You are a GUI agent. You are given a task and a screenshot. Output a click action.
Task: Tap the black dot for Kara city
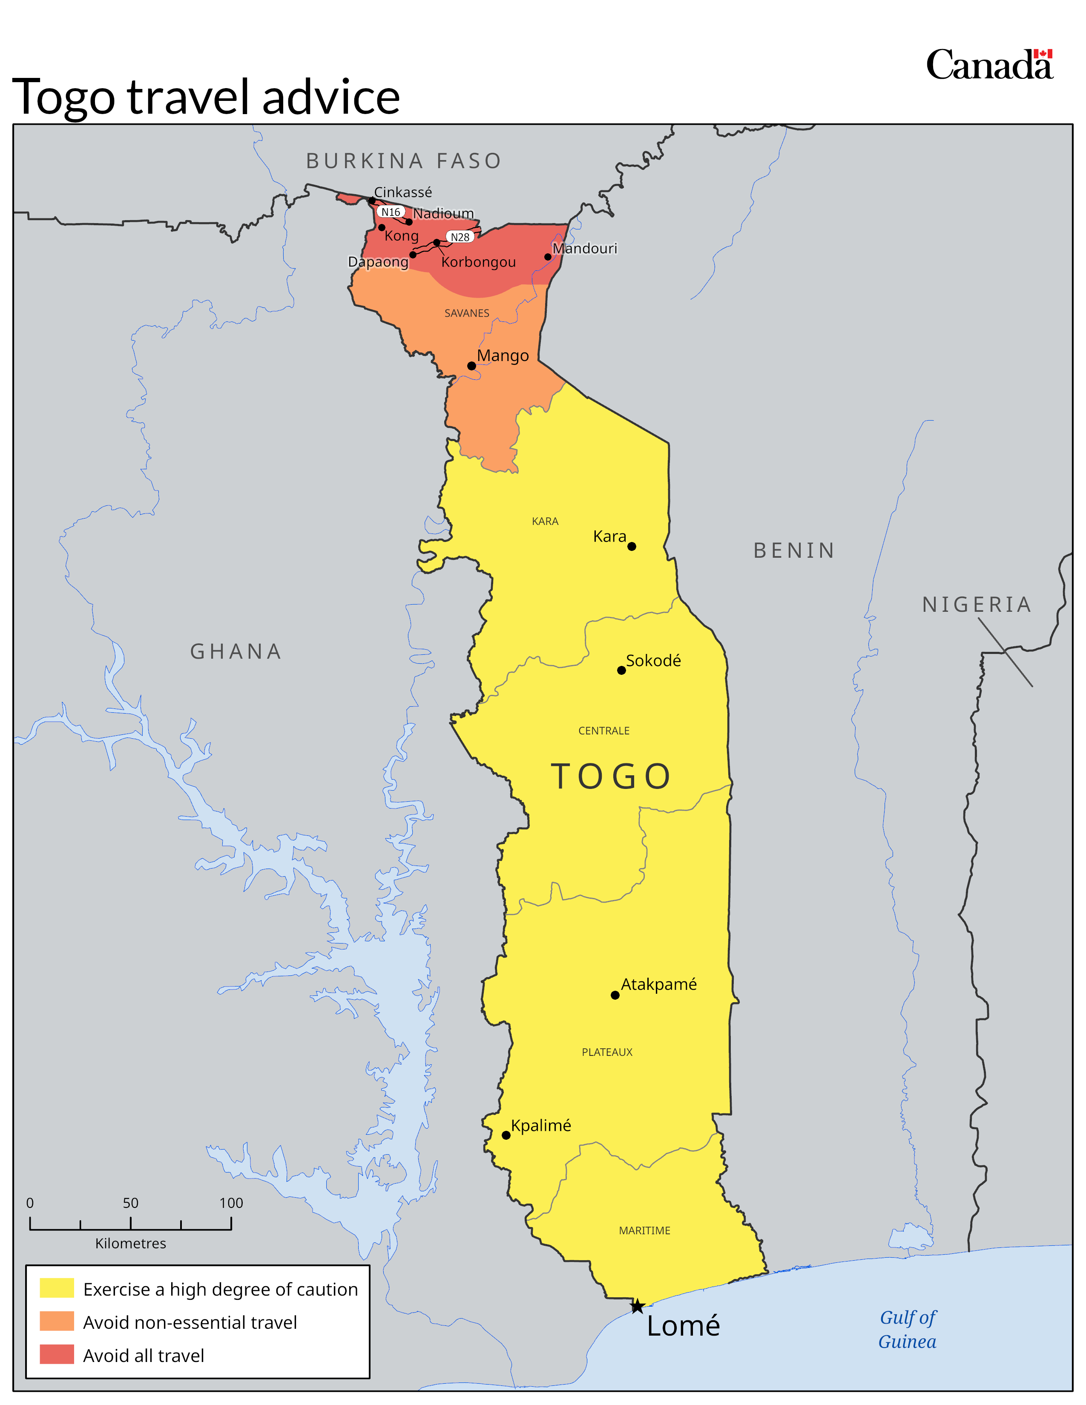pos(632,546)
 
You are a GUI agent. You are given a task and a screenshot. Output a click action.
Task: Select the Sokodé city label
pos(653,661)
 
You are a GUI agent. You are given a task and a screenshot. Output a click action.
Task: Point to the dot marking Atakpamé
pos(615,995)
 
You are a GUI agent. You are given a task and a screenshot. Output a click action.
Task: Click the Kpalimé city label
pos(540,1125)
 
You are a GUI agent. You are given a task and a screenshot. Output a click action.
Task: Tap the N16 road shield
pos(391,212)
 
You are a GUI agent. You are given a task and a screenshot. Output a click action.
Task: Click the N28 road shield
pos(460,237)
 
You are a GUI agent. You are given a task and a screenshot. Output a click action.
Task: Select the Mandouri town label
pos(585,248)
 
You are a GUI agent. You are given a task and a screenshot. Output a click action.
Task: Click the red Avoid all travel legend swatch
pos(57,1355)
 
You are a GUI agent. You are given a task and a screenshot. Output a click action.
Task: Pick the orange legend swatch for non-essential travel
pos(57,1322)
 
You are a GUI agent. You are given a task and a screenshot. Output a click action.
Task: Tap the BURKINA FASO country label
pos(403,161)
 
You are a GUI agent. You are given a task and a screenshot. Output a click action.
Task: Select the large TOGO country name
pos(611,776)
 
